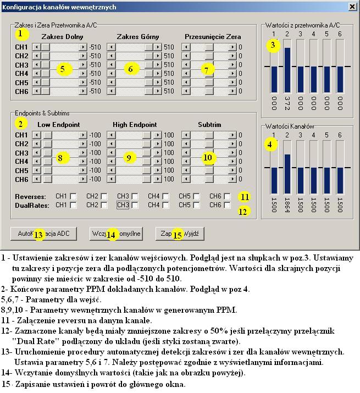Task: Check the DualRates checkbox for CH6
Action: (x=227, y=205)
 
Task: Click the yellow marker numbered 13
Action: (x=38, y=235)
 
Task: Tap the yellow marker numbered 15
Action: (x=177, y=235)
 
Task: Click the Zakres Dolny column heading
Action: (x=62, y=37)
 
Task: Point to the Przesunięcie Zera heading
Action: (x=213, y=37)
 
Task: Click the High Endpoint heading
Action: (x=135, y=125)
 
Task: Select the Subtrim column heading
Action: (x=209, y=125)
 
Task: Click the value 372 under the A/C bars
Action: (x=287, y=102)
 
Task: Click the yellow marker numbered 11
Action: (x=244, y=197)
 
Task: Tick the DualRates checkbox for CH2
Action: (x=104, y=205)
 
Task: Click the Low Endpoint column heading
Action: (x=58, y=125)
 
